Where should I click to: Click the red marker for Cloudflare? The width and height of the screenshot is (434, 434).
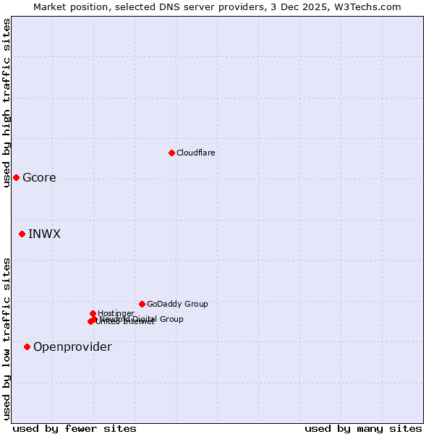tap(171, 153)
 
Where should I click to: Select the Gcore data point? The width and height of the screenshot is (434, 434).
tap(16, 178)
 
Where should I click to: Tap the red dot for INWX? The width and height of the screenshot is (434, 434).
tap(22, 234)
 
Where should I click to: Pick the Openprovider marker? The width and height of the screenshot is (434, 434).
tap(27, 347)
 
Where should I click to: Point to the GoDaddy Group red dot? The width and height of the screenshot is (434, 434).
tap(142, 304)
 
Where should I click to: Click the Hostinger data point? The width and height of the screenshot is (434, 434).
tap(93, 313)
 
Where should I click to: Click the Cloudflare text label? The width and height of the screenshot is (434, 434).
tap(195, 153)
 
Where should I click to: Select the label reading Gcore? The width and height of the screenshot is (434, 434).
tap(39, 178)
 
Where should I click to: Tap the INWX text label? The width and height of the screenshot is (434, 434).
tap(44, 234)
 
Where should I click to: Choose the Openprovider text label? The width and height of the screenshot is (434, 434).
tap(72, 347)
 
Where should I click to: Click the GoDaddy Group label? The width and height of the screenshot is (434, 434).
tap(176, 304)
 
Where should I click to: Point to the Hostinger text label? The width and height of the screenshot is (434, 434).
tap(116, 313)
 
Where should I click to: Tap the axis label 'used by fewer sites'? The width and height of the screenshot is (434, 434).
tap(75, 429)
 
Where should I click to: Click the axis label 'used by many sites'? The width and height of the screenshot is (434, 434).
tap(363, 429)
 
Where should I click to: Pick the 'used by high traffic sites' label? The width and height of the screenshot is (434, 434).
tap(7, 103)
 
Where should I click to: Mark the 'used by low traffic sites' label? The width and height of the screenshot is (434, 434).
tap(7, 339)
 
